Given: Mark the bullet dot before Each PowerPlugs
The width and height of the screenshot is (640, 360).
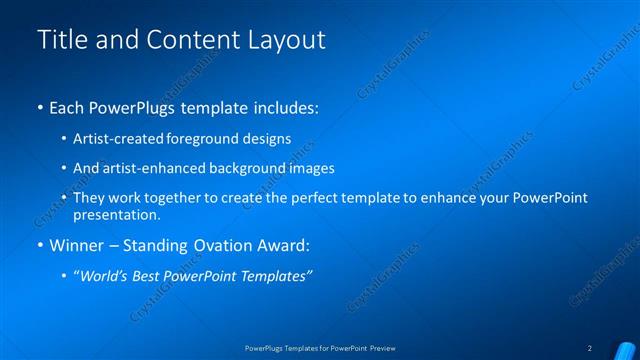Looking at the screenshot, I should point(39,107).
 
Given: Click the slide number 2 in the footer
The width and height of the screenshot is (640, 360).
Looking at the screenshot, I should point(590,348).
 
